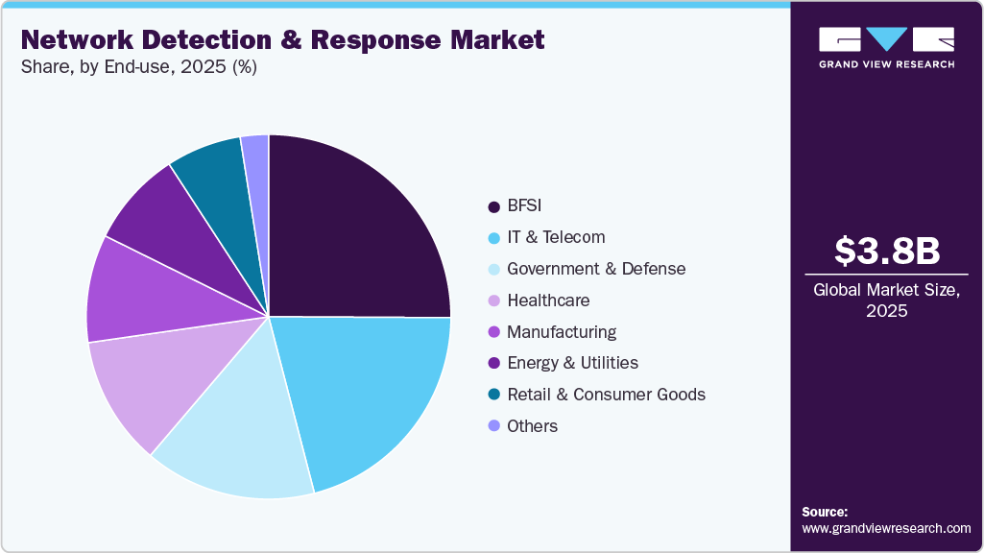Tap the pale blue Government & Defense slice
pyautogui.click(x=240, y=442)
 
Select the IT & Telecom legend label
pyautogui.click(x=556, y=237)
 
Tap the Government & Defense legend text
pyautogui.click(x=596, y=269)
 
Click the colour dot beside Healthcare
pyautogui.click(x=493, y=301)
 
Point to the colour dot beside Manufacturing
pyautogui.click(x=493, y=332)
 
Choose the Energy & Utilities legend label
pyautogui.click(x=572, y=363)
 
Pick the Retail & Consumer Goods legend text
pyautogui.click(x=606, y=395)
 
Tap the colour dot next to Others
pyautogui.click(x=493, y=426)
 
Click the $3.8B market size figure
pyautogui.click(x=886, y=252)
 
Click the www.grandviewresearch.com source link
pyautogui.click(x=886, y=528)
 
